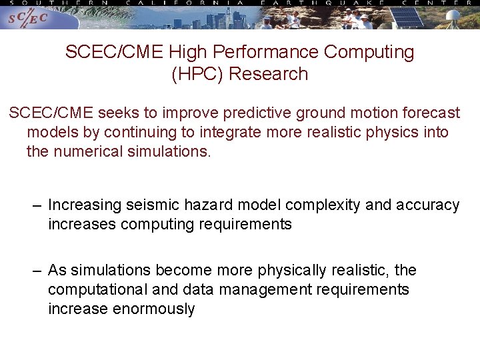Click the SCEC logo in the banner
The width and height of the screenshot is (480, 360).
(x=28, y=18)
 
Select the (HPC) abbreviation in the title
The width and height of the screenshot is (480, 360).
(x=198, y=74)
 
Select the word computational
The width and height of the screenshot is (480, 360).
(x=97, y=289)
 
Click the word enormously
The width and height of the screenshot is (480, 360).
(x=154, y=309)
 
